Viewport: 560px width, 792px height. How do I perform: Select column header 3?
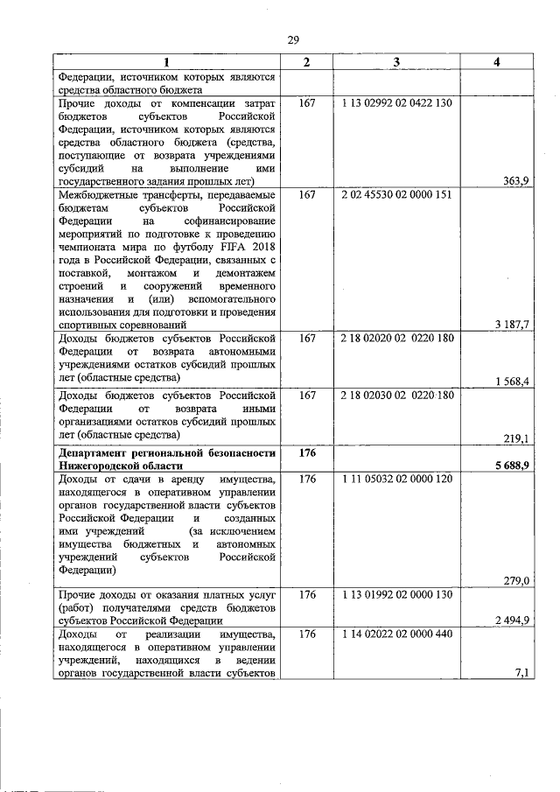396,61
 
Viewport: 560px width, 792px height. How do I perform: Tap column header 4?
496,61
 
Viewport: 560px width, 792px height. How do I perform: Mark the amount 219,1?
516,438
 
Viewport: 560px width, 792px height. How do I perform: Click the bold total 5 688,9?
511,466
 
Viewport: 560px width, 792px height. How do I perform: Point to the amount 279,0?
516,579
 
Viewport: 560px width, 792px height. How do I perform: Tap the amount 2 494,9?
512,620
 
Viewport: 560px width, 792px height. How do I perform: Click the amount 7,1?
521,672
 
